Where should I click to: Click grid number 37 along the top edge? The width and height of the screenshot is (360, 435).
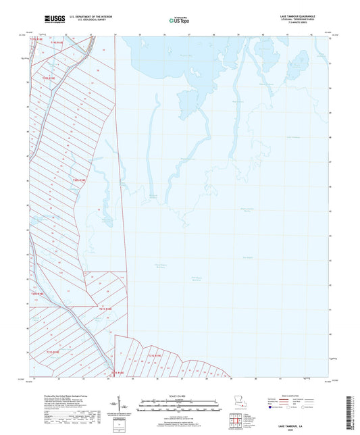point(188,33)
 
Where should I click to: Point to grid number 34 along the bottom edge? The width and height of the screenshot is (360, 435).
point(115,380)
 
